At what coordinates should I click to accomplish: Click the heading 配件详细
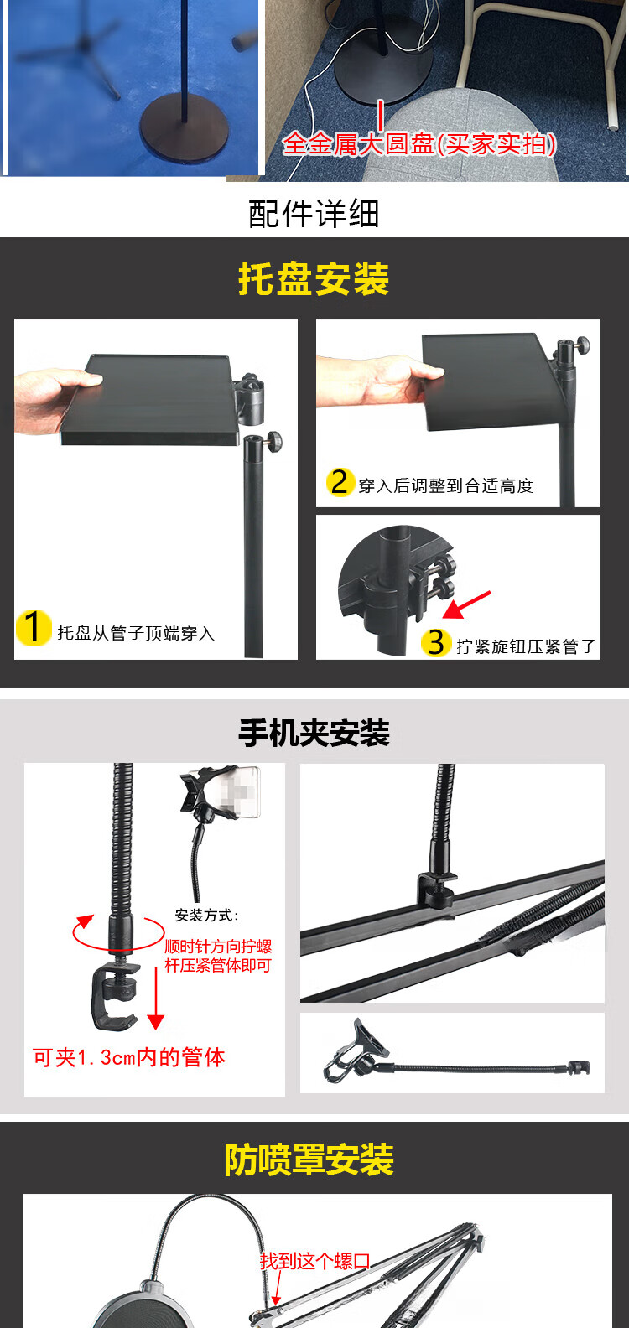point(314,214)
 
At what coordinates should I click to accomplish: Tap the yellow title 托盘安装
point(314,278)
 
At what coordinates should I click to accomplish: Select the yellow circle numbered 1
point(34,628)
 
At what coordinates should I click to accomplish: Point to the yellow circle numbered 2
point(340,482)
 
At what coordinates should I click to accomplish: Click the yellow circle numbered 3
point(436,642)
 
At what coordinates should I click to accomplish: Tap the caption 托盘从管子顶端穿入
point(136,633)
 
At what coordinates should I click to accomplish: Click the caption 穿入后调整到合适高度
point(446,486)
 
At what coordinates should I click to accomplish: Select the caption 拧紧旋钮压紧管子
point(527,646)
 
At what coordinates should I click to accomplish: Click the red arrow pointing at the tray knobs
point(467,604)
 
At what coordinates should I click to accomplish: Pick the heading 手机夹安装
point(314,733)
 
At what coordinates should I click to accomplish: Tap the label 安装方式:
point(207,915)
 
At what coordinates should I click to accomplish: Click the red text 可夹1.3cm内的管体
point(128,1057)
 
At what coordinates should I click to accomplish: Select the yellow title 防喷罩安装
point(309,1159)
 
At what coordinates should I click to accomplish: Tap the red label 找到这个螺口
point(314,1261)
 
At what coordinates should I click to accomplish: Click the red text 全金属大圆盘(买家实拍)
point(419,144)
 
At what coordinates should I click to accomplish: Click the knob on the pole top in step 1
point(274,440)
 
